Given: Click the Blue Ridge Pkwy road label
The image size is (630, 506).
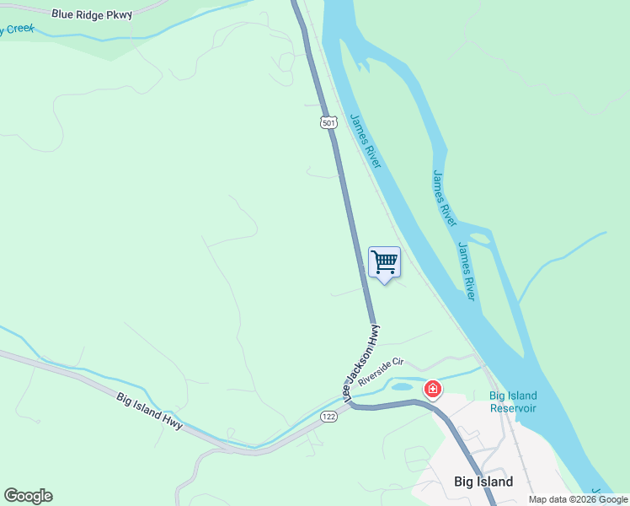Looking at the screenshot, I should coord(92,14).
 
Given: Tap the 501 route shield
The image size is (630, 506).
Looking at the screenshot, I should coord(328,122).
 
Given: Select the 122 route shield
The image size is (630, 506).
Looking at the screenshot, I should coord(328,416).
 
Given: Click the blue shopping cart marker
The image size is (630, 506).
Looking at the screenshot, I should coord(385,262).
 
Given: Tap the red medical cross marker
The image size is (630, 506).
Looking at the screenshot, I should coord(432,389).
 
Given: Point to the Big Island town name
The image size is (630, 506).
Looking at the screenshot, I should coord(483,482).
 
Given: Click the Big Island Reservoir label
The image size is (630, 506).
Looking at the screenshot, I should coord(513,402).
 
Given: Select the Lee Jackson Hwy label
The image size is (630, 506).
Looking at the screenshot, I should coord(361,357).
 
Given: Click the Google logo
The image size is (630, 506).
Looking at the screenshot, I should coord(28,496).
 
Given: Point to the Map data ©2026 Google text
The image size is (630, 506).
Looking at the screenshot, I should coord(579,499).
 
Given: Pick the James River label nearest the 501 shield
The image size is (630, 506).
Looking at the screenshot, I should coord(366,139).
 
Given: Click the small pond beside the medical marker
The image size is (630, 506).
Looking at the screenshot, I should coord(403,387).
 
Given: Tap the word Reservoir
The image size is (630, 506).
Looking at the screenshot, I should coord(513,408).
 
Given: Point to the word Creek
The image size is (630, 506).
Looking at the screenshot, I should coord(20,29).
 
